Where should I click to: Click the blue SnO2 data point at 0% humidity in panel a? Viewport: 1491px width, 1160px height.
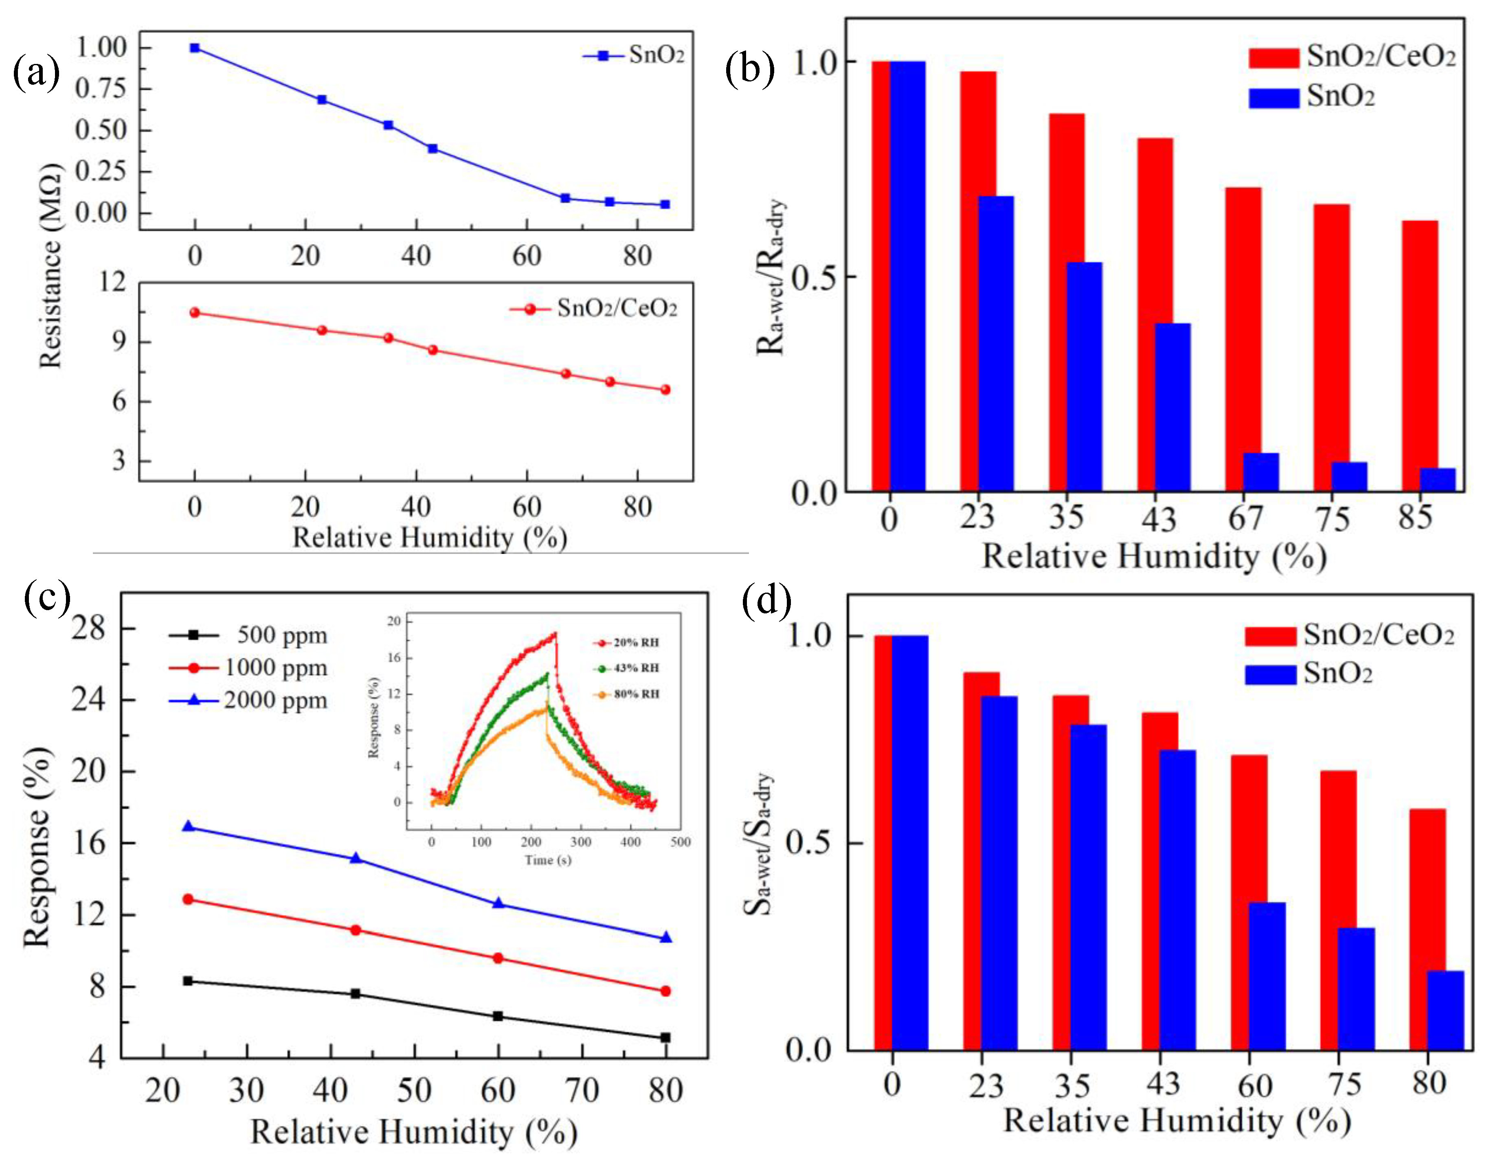point(195,48)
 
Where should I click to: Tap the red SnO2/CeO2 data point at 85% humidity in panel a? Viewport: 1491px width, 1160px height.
point(665,390)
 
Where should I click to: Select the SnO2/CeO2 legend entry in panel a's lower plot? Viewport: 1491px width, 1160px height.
point(594,309)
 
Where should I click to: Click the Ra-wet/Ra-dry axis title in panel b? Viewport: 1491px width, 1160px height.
point(771,277)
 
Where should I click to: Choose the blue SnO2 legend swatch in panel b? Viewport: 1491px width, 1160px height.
point(1273,98)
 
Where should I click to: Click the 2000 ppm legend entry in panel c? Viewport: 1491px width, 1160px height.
point(249,701)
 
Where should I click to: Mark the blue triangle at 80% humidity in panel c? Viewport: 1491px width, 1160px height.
point(665,938)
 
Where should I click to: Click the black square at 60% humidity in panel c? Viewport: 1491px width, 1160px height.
point(498,1016)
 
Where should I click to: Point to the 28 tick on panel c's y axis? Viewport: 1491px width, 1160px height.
point(89,628)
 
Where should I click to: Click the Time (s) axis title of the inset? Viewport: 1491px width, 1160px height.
point(547,859)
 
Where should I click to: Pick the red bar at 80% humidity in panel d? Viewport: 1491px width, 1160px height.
point(1427,929)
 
